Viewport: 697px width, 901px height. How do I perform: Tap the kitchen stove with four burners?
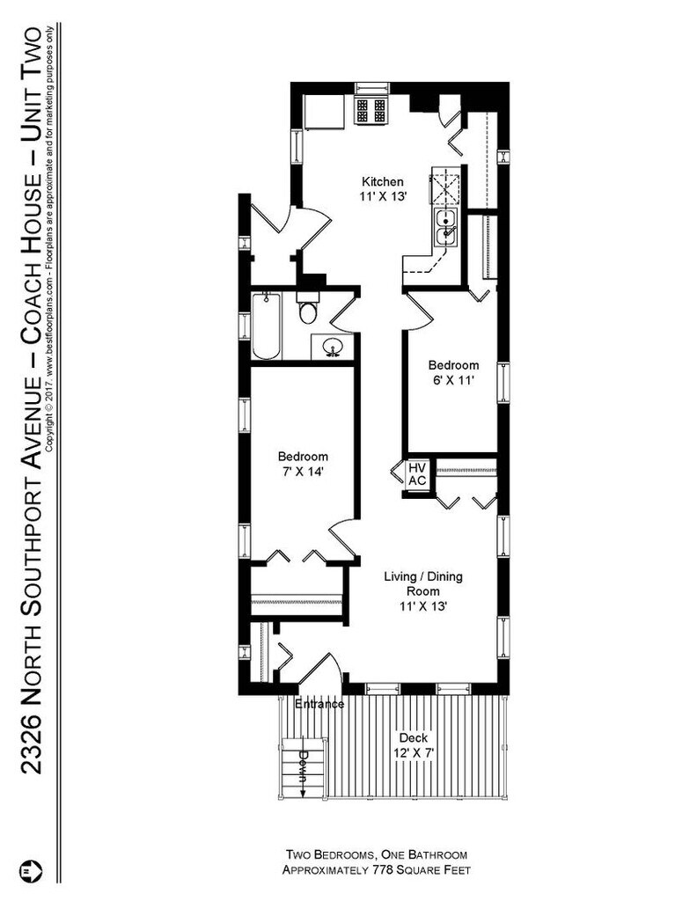tap(371, 109)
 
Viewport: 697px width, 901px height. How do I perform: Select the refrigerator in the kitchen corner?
tap(324, 111)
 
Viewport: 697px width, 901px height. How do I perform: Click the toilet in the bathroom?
tap(307, 310)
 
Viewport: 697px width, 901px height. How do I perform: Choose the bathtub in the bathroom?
tap(266, 327)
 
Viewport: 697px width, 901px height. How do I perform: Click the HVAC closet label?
tap(416, 474)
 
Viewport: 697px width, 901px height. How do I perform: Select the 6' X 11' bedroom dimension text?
tap(453, 381)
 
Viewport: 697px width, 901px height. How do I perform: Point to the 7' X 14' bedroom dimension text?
tap(303, 472)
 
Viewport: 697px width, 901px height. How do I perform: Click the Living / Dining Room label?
tap(422, 584)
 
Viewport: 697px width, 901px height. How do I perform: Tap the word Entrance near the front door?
tap(319, 704)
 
